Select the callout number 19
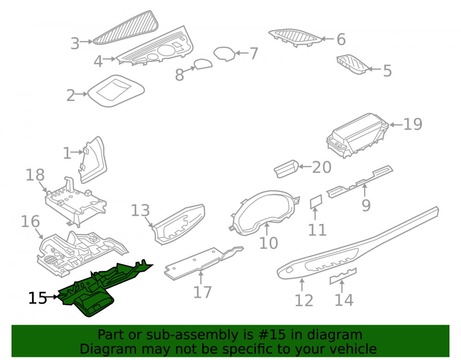(413, 124)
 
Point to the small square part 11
(316, 202)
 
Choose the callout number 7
(254, 53)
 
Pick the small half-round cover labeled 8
(203, 64)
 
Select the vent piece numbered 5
(352, 64)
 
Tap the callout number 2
(71, 95)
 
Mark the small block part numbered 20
(286, 169)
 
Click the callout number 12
(304, 301)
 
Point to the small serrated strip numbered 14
(343, 276)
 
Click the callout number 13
(140, 210)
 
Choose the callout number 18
(35, 175)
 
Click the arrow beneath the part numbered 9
(365, 190)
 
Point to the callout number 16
(30, 221)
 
